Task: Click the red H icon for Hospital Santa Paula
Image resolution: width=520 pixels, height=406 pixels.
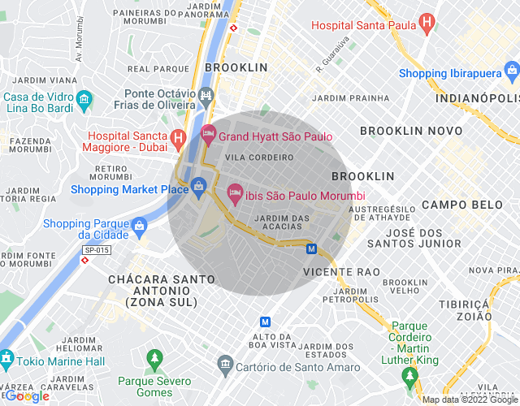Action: [x=425, y=24]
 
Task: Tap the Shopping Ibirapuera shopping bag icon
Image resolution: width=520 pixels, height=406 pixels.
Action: [x=511, y=73]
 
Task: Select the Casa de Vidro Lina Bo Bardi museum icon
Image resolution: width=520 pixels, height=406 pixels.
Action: [x=84, y=101]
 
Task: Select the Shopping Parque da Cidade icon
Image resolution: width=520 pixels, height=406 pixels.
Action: [x=139, y=224]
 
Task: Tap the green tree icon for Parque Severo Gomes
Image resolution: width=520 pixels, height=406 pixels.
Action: [x=154, y=358]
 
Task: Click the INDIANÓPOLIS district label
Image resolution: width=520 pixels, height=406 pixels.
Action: [x=476, y=98]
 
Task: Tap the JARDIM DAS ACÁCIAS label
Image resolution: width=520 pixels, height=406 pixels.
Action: [x=282, y=222]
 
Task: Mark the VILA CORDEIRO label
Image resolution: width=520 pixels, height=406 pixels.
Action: [x=259, y=157]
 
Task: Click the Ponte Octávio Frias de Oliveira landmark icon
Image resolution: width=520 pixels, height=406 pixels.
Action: [x=206, y=96]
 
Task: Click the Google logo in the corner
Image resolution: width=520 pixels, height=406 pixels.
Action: [x=26, y=396]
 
